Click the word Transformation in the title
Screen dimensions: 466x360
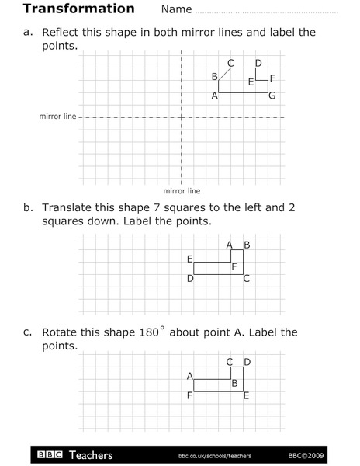(x=79, y=9)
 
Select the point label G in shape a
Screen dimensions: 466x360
(x=272, y=96)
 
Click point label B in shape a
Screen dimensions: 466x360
(x=214, y=76)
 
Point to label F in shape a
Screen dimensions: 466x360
(x=273, y=78)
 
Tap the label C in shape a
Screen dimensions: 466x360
(x=230, y=63)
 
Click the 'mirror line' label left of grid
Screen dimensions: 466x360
(x=58, y=116)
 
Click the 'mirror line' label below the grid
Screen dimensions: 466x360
(x=182, y=190)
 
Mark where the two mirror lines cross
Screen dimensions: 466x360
(x=181, y=117)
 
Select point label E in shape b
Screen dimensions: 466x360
(x=189, y=259)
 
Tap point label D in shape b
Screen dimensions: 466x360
(x=189, y=278)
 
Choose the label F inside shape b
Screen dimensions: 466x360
(x=234, y=266)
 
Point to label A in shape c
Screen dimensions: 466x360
(x=189, y=376)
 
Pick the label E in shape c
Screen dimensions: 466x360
(x=246, y=396)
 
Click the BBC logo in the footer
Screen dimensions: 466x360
(x=49, y=454)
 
